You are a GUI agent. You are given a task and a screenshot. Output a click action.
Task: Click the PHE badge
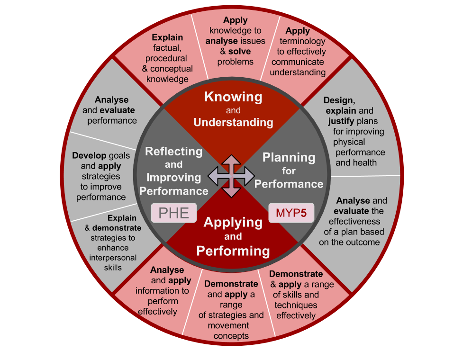tap(173, 213)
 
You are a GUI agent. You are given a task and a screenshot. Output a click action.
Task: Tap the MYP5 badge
tap(291, 213)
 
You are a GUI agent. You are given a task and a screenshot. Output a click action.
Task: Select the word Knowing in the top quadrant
tap(233, 97)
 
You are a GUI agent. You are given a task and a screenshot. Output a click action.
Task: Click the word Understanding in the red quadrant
tap(233, 122)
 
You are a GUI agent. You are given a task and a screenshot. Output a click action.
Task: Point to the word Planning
tap(289, 158)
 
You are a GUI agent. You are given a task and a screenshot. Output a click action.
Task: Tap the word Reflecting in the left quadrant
tap(173, 152)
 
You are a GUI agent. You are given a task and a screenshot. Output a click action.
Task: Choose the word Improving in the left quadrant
tap(173, 178)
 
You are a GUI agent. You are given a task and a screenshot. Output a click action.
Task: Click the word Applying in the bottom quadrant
tap(233, 222)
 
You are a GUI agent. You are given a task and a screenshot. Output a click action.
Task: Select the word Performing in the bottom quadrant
tap(233, 251)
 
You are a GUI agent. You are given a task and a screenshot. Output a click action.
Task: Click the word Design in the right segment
tap(338, 100)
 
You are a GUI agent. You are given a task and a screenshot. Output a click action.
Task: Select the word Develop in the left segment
tap(89, 155)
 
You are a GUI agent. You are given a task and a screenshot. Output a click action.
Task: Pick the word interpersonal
tap(113, 258)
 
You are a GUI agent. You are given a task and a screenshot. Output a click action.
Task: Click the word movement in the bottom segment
tap(228, 325)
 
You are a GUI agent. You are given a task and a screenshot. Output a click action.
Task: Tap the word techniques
tap(296, 305)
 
